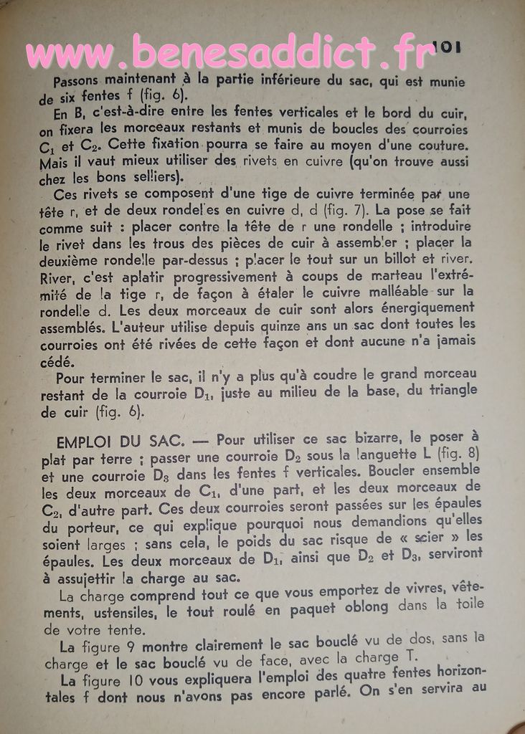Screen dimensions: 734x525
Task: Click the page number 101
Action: [x=446, y=47]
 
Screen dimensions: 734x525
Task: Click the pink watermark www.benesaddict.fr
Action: [x=230, y=52]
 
